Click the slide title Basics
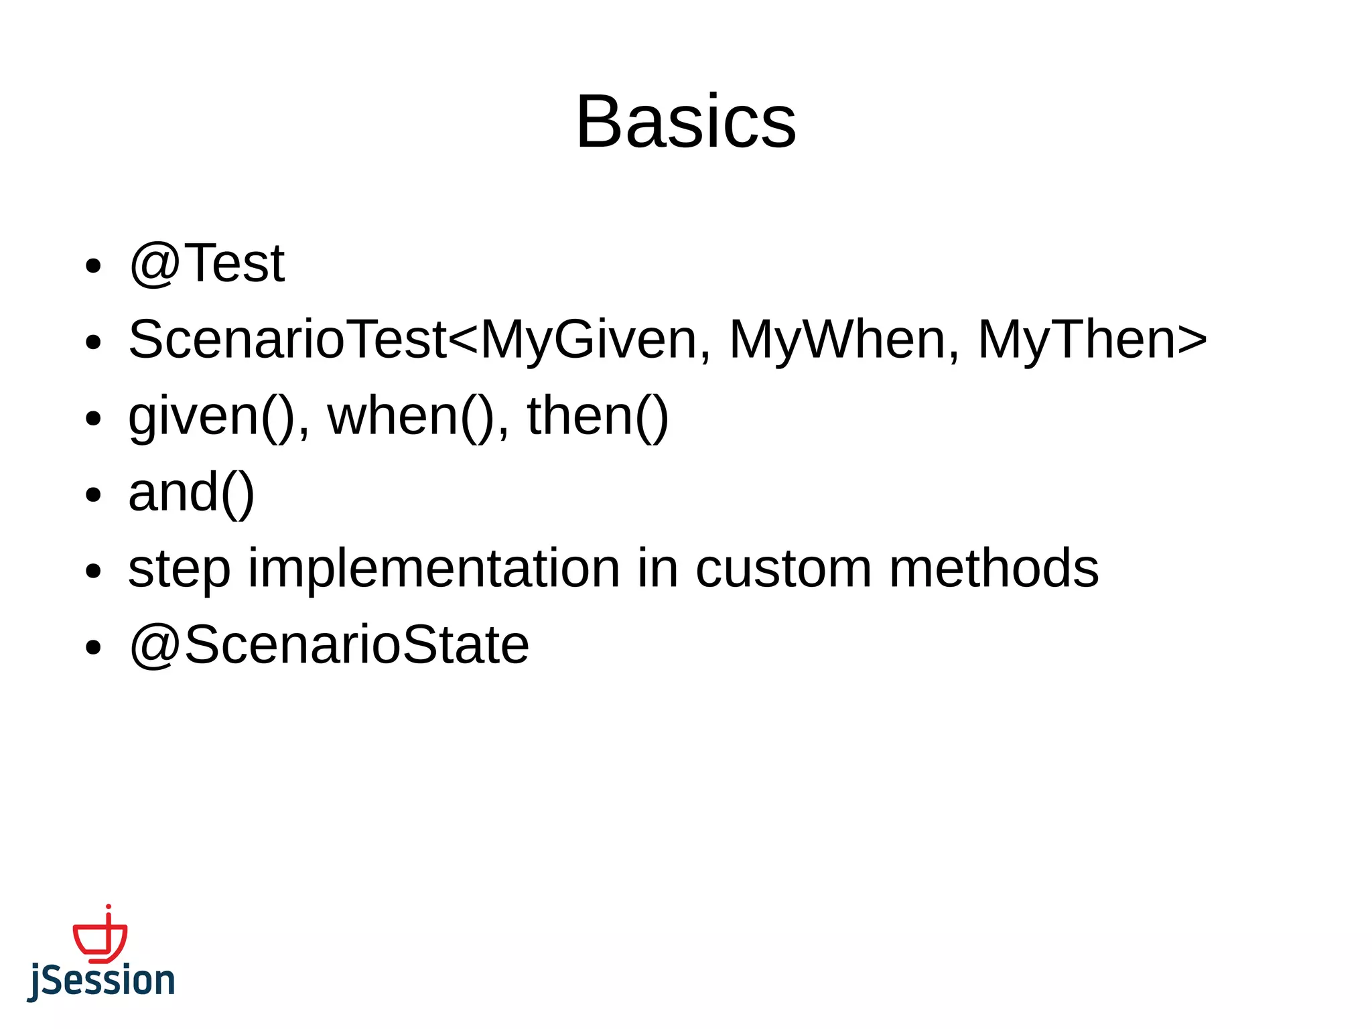point(685,122)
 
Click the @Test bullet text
point(207,263)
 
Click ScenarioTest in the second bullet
point(287,340)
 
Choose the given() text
point(212,417)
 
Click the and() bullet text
point(192,493)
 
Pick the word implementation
point(434,569)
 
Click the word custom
point(784,569)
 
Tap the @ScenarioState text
point(329,645)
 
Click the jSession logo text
point(101,981)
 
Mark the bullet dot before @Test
point(93,266)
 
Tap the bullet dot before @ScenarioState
point(93,648)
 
